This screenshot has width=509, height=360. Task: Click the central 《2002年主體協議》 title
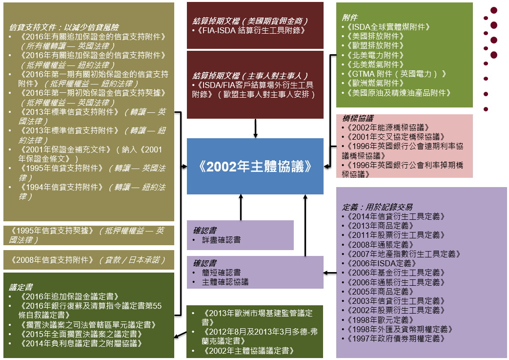(255, 167)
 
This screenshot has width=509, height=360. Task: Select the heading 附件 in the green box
(349, 18)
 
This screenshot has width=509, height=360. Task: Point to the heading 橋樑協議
(357, 118)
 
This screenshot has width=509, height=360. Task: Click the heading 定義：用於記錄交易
(377, 207)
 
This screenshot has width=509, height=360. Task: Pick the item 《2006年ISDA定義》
(381, 263)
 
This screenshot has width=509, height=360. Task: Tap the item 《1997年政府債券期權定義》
(395, 339)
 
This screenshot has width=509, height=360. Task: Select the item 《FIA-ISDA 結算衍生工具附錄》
(249, 30)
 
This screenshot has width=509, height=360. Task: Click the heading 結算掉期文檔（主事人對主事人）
(250, 76)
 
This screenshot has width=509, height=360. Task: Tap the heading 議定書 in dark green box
(21, 287)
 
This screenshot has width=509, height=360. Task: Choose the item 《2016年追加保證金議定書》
(68, 296)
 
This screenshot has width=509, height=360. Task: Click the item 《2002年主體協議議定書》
(248, 351)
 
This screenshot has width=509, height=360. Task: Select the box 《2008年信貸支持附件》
(89, 260)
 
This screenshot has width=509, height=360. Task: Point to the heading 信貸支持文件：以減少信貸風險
(64, 27)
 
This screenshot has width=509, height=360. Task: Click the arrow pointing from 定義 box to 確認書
(330, 273)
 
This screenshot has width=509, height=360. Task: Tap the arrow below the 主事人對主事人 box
(255, 128)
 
